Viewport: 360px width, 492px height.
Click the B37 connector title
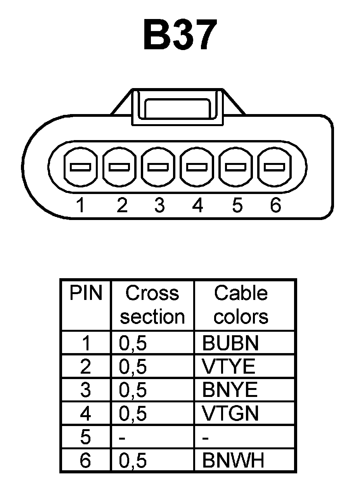pos(179,36)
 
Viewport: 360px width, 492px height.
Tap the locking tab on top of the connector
pos(177,107)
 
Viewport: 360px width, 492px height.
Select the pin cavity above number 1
pos(81,167)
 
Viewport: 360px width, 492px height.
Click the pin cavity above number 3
pos(158,167)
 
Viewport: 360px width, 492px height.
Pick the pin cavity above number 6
pos(274,167)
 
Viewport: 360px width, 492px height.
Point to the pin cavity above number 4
pos(197,167)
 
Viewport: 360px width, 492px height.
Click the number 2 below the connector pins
pos(121,205)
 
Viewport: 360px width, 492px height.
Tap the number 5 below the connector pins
pos(237,205)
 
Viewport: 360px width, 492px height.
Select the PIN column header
pos(85,293)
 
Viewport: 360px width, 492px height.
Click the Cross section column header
pos(152,305)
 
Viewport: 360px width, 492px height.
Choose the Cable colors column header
pos(241,305)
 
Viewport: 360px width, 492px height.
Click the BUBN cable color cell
pos(230,343)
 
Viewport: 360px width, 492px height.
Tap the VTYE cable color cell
pos(229,366)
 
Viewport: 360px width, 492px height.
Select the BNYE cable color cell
pos(230,390)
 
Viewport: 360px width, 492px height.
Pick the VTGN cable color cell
pos(230,414)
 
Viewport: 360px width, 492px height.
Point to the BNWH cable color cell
pos(233,461)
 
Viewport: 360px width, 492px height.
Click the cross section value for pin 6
pos(133,461)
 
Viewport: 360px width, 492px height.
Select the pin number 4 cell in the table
pos(85,414)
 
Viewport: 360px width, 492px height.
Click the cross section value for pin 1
pos(133,343)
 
